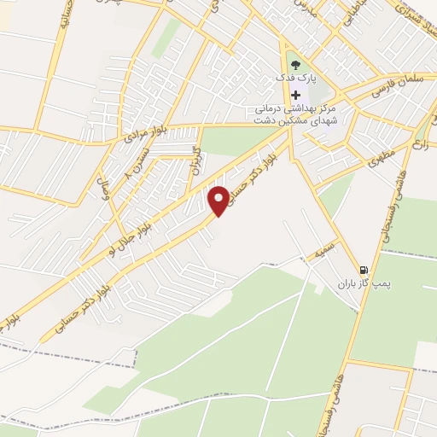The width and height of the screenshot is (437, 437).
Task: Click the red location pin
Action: [x=219, y=200]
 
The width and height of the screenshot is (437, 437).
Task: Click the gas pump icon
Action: [x=366, y=268]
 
